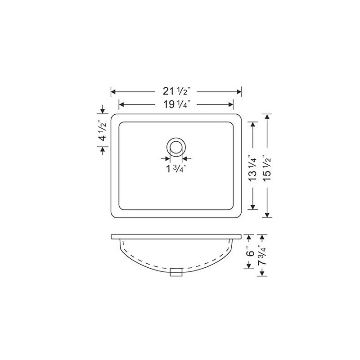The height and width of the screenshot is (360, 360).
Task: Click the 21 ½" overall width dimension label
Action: (176, 91)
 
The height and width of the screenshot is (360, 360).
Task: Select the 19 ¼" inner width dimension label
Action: (176, 105)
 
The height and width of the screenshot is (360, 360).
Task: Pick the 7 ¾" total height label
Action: (263, 256)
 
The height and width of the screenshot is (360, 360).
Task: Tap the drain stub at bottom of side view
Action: (176, 271)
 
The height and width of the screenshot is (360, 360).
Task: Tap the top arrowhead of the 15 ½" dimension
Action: (268, 117)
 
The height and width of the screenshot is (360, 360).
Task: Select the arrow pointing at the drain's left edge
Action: (166, 158)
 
